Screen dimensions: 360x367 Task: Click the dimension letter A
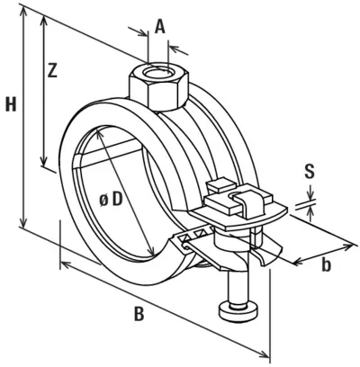click(x=160, y=28)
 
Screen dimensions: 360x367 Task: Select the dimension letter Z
click(x=52, y=71)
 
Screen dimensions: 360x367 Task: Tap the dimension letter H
click(x=11, y=104)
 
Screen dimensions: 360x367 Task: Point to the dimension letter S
click(x=310, y=173)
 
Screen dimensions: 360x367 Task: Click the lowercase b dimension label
click(x=326, y=264)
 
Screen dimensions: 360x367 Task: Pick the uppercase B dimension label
click(x=139, y=314)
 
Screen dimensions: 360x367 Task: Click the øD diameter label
click(x=111, y=200)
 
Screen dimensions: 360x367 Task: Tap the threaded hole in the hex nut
click(x=157, y=73)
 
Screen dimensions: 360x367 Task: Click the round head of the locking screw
click(x=238, y=313)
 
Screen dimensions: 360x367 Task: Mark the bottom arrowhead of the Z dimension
click(x=44, y=161)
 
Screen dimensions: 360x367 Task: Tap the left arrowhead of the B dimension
click(x=66, y=264)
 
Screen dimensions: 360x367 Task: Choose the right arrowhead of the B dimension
click(x=264, y=354)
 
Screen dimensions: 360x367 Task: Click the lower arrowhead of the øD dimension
click(x=151, y=251)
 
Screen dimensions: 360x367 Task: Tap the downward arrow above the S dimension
click(x=310, y=193)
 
